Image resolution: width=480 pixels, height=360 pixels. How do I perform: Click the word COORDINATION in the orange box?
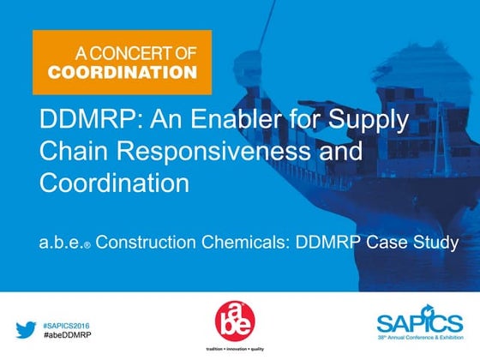point(122,72)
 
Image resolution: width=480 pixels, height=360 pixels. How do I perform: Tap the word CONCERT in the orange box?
point(134,53)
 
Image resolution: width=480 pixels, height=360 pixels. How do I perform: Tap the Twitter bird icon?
point(26,329)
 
